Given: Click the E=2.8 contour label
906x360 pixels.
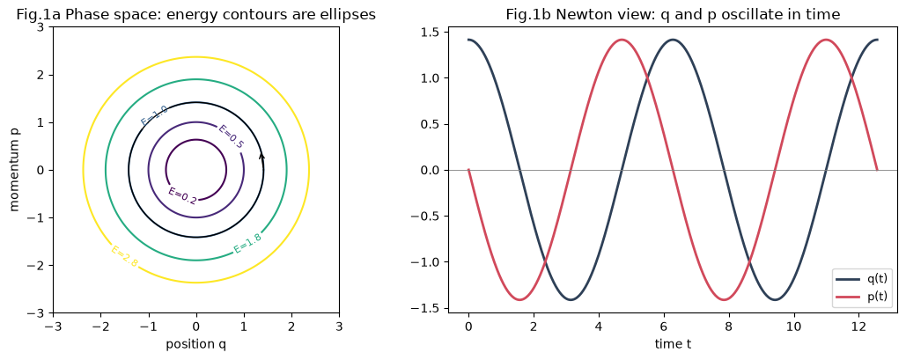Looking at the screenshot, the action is coord(124,256).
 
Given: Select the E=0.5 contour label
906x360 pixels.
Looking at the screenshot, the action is coord(231,136).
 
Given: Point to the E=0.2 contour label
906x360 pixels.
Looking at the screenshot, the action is coord(182,196).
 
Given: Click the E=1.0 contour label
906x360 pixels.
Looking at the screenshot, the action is coord(154,115).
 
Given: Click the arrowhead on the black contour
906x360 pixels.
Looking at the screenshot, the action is coord(261,156).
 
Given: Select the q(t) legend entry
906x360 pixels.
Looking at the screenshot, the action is coord(861,278).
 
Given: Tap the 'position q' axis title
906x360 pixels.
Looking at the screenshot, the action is coord(195,345).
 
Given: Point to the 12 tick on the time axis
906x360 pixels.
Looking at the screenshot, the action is coord(859,327).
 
